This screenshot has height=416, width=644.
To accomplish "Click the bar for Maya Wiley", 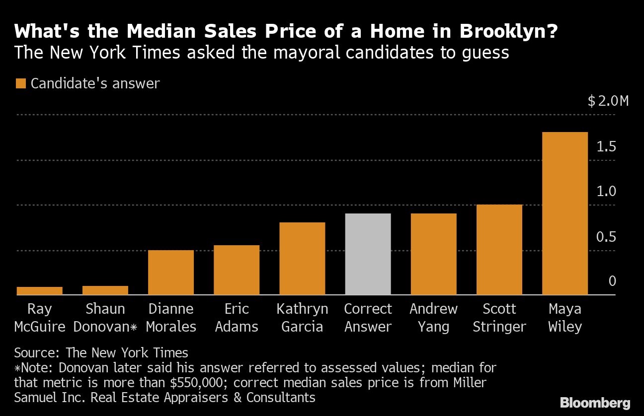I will pos(564,213).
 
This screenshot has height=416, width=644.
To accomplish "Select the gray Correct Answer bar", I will pos(368,254).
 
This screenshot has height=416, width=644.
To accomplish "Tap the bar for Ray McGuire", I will pos(40,291).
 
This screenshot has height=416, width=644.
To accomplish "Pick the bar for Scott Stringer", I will pos(499,250).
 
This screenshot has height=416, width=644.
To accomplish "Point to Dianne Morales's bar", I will pos(171,273).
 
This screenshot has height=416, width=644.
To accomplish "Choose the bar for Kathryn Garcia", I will pos(302,259).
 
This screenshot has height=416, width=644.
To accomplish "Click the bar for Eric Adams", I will pos(237,270).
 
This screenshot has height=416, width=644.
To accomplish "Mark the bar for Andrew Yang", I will pos(433,254).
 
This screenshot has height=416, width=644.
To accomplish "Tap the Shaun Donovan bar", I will pos(105,290).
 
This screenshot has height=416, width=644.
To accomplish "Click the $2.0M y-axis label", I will pos(608,101).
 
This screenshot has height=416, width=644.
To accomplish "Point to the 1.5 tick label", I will pos(606,147).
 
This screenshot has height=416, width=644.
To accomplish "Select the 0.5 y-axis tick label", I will pos(606,237).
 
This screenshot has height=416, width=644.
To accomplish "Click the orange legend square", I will pos(20,83).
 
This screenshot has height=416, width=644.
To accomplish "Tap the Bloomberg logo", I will pos(595,403).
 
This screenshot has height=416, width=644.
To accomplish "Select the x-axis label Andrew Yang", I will pos(433,318).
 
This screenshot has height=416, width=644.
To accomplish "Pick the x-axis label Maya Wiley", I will pos(564,318).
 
